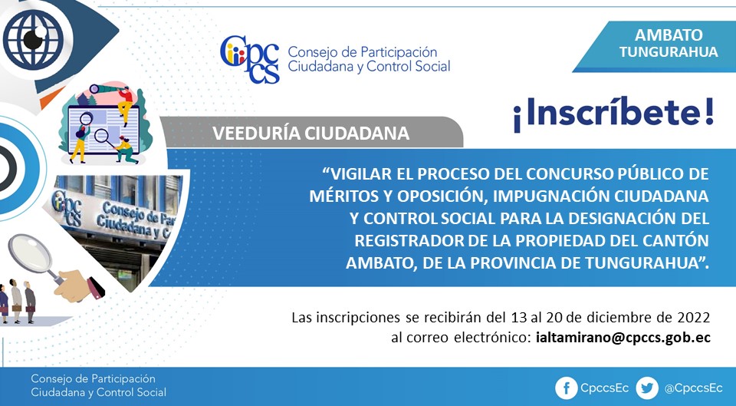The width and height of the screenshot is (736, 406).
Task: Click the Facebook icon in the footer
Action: (x=566, y=388)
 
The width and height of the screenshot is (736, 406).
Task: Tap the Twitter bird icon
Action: (x=647, y=388)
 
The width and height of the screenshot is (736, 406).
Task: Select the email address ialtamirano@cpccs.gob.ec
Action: (x=623, y=338)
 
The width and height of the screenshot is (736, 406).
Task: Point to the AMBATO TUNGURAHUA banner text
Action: (x=669, y=43)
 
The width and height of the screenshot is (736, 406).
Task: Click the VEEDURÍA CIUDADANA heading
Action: (x=310, y=134)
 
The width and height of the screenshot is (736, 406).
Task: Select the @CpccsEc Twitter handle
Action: (x=693, y=388)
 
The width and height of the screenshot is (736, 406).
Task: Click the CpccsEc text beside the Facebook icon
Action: (x=605, y=388)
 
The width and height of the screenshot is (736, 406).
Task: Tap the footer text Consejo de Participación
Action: (x=93, y=378)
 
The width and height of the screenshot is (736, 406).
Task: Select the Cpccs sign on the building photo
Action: (x=66, y=207)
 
